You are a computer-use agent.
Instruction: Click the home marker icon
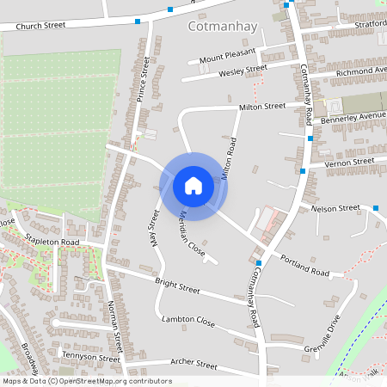click(x=193, y=185)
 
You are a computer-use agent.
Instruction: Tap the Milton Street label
click(x=261, y=107)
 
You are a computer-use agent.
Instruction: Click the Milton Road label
click(x=229, y=157)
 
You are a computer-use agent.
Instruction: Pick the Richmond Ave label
click(x=362, y=70)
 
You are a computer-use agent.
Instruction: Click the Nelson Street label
click(x=335, y=208)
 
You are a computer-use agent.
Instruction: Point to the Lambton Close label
click(x=188, y=320)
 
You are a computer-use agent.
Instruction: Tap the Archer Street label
click(x=193, y=364)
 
